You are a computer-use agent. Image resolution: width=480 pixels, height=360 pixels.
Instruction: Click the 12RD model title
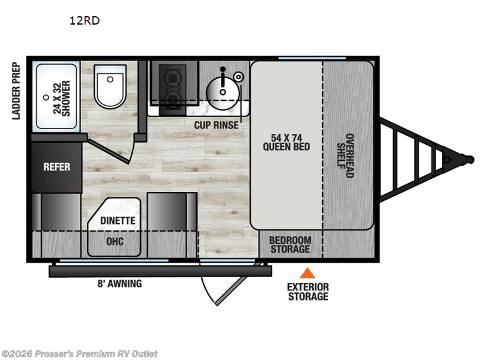tap(84, 21)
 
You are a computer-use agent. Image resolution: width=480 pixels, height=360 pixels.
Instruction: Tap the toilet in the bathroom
tap(110, 88)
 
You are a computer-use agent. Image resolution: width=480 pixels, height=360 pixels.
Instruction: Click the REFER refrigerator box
tap(56, 167)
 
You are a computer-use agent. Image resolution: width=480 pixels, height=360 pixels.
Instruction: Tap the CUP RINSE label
tap(216, 125)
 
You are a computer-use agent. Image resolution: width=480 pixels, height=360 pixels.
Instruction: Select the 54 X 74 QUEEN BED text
tap(286, 141)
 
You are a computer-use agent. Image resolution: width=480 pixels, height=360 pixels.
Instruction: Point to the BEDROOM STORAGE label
tap(290, 245)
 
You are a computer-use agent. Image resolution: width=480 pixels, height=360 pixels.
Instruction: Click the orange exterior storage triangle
tap(307, 274)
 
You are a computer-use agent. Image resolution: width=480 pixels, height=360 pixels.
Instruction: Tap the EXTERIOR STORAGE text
tap(308, 292)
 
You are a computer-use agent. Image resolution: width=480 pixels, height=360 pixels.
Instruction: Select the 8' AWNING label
tap(120, 284)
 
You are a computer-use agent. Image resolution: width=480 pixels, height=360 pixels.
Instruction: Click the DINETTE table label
tap(118, 221)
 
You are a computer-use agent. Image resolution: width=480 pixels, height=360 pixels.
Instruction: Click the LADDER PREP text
tap(16, 91)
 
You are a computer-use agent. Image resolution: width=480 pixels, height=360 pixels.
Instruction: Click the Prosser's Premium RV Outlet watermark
tap(79, 353)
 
